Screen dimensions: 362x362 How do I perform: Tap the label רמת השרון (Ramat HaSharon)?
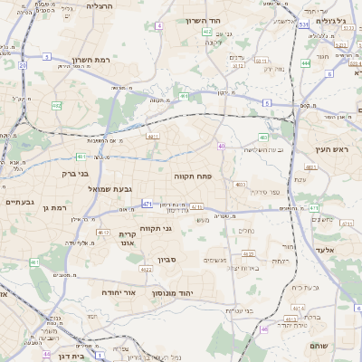tap(90, 60)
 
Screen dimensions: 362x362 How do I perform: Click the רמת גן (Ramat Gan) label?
tap(54, 208)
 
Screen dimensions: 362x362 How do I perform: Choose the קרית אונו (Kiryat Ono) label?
tap(127, 239)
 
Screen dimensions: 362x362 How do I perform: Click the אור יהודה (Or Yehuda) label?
tap(117, 293)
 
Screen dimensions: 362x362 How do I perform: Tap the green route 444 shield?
tap(306, 63)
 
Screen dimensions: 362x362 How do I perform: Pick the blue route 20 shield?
tap(23, 65)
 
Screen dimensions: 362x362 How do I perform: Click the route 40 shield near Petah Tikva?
tap(221, 145)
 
